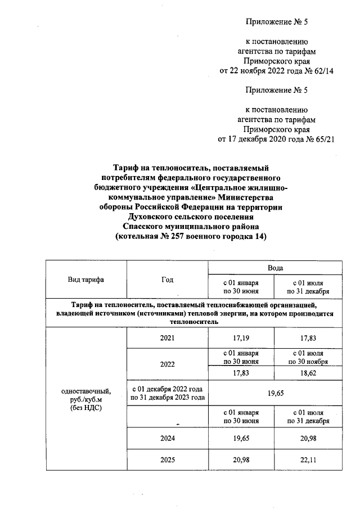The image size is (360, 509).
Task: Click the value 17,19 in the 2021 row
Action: click(x=241, y=337)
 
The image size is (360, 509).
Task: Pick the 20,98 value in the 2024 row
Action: click(x=308, y=438)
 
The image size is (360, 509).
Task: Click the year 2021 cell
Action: click(x=167, y=337)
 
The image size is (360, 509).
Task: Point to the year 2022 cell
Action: click(x=167, y=364)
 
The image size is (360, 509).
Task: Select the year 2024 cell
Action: click(x=167, y=438)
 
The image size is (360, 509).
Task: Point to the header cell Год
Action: click(x=167, y=279)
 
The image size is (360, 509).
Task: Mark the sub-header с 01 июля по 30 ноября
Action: click(x=308, y=357)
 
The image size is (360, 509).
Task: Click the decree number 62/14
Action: click(x=322, y=71)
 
